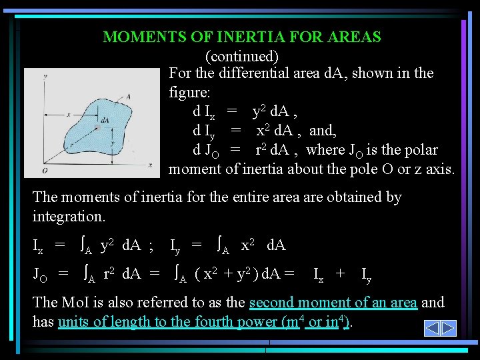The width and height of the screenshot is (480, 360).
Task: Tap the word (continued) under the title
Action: click(x=241, y=56)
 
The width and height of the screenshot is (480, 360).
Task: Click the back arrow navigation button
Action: click(x=431, y=329)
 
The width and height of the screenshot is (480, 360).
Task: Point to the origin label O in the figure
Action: click(x=44, y=171)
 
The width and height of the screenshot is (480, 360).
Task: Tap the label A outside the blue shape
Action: click(x=127, y=97)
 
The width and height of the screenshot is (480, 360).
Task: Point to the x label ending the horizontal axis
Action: click(x=151, y=164)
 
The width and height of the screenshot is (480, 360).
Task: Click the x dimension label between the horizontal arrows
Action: click(x=69, y=113)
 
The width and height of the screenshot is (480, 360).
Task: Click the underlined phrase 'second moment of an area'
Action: click(x=333, y=303)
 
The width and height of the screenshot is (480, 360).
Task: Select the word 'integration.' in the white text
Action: click(x=68, y=217)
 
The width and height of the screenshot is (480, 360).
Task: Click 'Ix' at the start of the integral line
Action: click(x=38, y=247)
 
